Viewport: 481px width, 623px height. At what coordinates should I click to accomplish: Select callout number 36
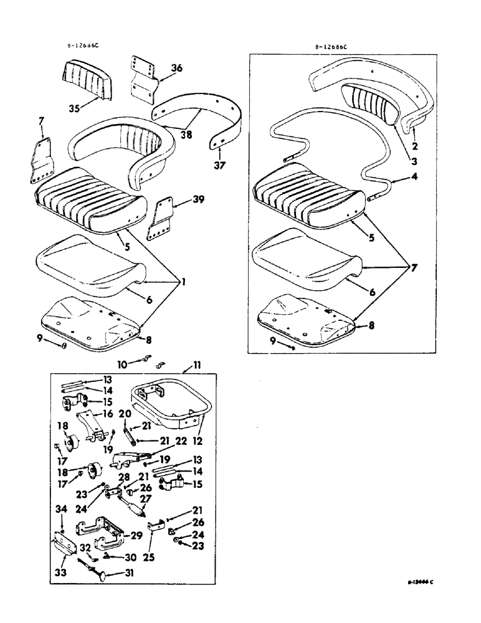point(176,69)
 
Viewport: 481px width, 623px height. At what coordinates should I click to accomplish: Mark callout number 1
point(184,282)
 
